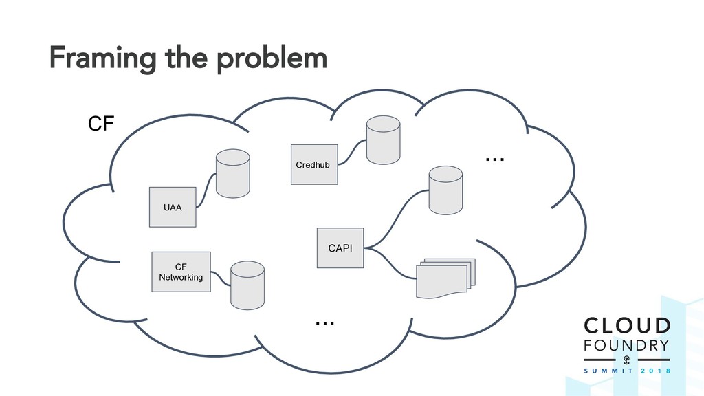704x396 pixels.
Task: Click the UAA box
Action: pos(173,206)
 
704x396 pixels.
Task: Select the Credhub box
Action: pos(314,164)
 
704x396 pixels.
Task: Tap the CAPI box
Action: pos(340,247)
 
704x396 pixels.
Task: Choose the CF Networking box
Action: pos(181,272)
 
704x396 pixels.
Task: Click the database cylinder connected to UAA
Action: pos(232,174)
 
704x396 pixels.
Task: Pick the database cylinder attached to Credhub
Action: pos(383,140)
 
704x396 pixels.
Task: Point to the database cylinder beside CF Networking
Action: pos(247,285)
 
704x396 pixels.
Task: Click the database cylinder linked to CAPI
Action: pos(445,189)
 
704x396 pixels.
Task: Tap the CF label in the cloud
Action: pos(101,125)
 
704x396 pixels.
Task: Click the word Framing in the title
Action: pos(100,60)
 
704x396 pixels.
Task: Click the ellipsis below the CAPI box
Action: pos(324,322)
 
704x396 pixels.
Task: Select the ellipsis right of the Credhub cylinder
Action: pos(495,159)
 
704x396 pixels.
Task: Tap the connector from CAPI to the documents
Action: pos(392,262)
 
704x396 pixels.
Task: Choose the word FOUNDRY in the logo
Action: pos(626,344)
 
